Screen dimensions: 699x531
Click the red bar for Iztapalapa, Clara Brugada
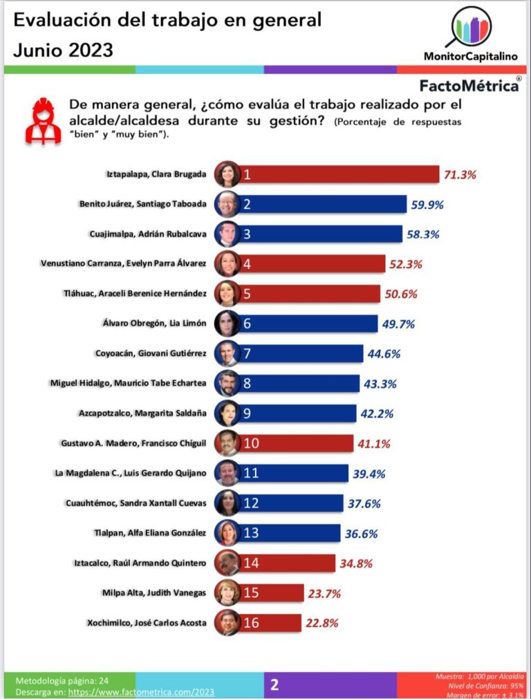point(339,175)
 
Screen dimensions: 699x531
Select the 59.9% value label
point(425,205)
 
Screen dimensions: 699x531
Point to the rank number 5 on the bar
point(247,293)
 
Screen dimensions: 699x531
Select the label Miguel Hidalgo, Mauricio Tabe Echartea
point(129,382)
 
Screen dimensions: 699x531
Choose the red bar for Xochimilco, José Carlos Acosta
point(270,622)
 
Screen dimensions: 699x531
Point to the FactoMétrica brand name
point(470,86)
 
